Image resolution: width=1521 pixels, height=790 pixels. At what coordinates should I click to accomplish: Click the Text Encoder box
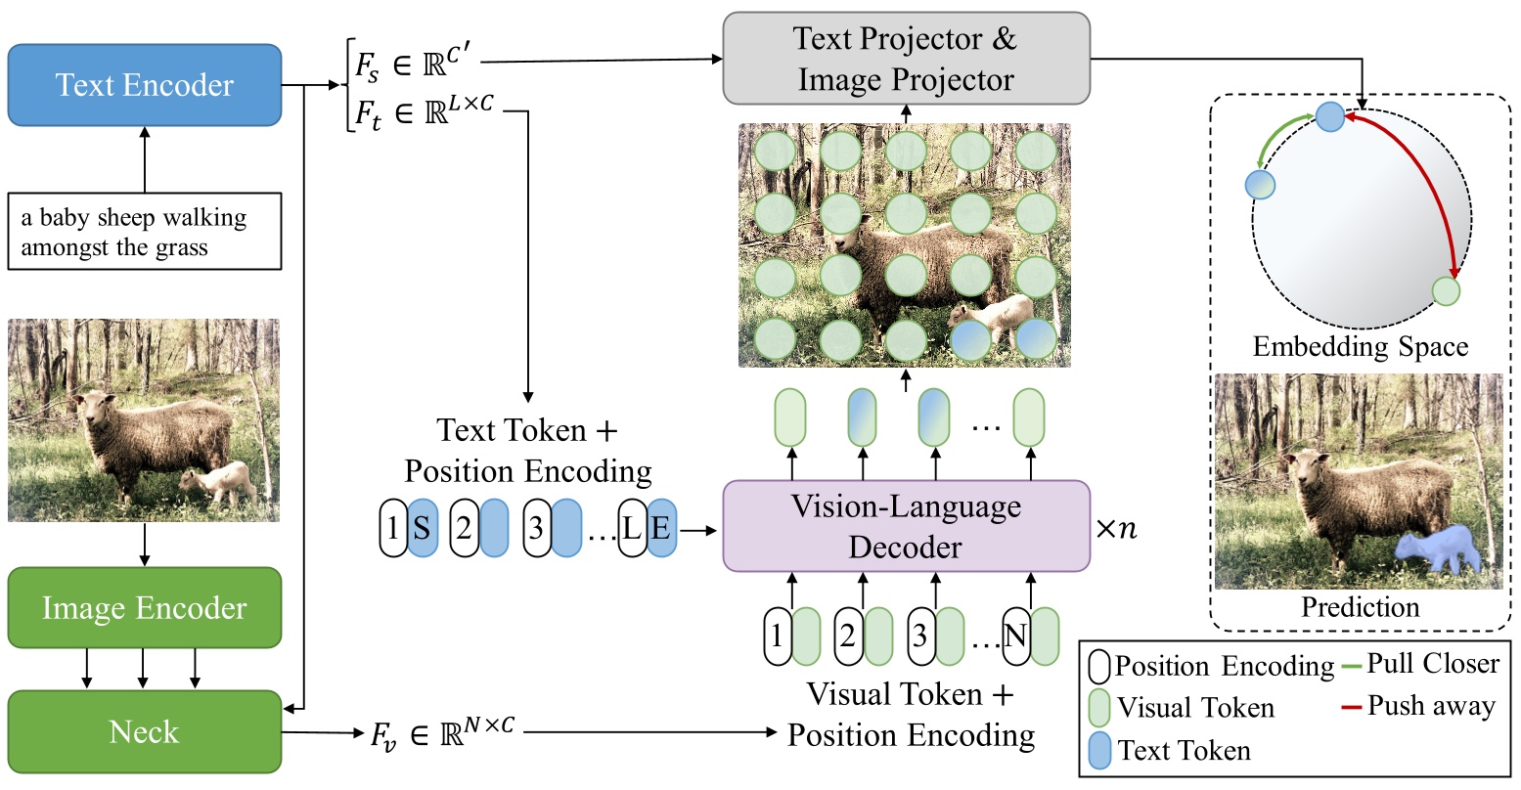coord(145,85)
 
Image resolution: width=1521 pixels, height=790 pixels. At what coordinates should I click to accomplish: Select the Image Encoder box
coord(145,608)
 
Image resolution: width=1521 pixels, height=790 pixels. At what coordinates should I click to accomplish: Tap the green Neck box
coord(145,731)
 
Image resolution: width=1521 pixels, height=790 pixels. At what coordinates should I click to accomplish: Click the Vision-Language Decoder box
coord(906,526)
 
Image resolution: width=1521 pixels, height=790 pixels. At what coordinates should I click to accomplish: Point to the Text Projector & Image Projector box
coord(906,59)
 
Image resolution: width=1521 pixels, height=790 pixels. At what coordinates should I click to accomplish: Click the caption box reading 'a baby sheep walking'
coord(145,232)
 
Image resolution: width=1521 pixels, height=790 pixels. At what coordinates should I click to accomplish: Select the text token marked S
coord(423,529)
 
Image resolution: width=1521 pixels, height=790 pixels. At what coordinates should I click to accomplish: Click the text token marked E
coord(662,529)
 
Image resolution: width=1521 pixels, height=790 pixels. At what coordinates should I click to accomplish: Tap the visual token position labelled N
coord(1016,636)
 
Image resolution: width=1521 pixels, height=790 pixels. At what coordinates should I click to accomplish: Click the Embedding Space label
coord(1360,347)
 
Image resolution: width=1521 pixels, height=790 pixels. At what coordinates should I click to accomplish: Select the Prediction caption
coord(1360,607)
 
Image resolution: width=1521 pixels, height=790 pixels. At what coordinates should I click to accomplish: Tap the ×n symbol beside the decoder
coord(1116,529)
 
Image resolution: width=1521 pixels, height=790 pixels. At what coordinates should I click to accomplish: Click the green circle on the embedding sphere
coord(1446,290)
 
